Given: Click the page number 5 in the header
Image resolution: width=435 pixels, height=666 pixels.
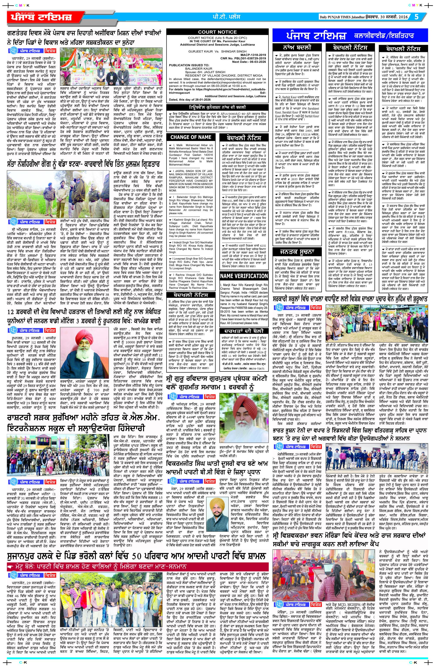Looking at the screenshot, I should [416, 17].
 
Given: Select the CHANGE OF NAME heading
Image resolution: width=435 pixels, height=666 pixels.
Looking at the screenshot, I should [191, 137].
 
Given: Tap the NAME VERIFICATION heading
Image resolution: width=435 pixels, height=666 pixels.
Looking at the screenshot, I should [244, 276].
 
